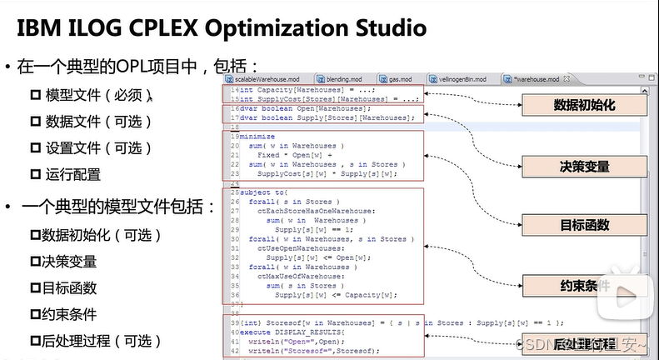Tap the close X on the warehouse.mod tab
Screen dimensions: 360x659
click(567, 79)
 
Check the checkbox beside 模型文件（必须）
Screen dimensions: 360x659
click(35, 95)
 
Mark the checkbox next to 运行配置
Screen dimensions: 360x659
click(35, 174)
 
